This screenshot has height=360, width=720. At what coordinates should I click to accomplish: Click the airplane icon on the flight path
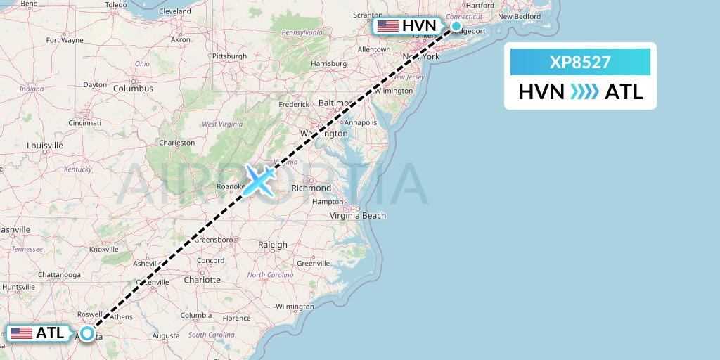coord(259,179)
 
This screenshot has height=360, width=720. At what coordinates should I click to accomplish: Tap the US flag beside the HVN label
coord(387,26)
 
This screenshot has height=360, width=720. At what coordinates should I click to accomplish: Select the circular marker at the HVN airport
coord(456,27)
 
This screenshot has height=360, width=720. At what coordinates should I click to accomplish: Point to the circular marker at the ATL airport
coord(86,333)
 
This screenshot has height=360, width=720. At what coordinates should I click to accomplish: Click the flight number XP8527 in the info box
coord(580,63)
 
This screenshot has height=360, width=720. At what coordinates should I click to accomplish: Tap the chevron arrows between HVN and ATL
coord(584,91)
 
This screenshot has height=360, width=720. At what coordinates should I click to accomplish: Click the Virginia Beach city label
coord(358,215)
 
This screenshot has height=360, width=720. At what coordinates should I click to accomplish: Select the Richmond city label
coord(311,188)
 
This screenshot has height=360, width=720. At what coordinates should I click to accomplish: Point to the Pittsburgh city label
coord(230,56)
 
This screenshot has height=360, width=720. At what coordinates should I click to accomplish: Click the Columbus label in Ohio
coord(134,89)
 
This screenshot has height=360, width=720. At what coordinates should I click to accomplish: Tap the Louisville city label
coord(45,146)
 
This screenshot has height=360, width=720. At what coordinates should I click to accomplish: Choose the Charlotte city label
coord(202,279)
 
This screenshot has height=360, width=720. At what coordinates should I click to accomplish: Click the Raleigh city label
coord(273,245)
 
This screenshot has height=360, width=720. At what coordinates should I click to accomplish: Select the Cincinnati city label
coord(84,122)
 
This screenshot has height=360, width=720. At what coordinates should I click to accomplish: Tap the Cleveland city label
coord(175,11)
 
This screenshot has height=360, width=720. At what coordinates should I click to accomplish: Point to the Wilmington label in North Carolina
coord(295,307)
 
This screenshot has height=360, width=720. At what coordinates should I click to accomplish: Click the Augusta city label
coord(166,336)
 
